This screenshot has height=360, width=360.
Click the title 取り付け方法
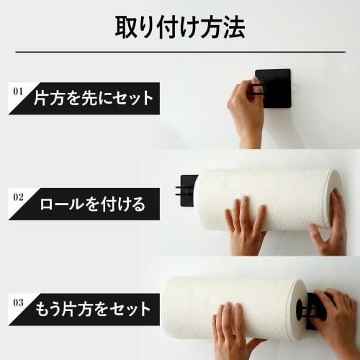(180, 27)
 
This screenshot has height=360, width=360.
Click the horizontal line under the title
(180, 52)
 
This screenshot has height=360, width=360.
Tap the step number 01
(18, 91)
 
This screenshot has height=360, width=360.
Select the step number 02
(18, 195)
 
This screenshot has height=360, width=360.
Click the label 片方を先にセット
(94, 99)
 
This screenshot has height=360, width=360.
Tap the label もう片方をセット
(92, 310)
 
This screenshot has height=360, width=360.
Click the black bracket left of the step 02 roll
(188, 189)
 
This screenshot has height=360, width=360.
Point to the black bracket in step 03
(315, 310)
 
